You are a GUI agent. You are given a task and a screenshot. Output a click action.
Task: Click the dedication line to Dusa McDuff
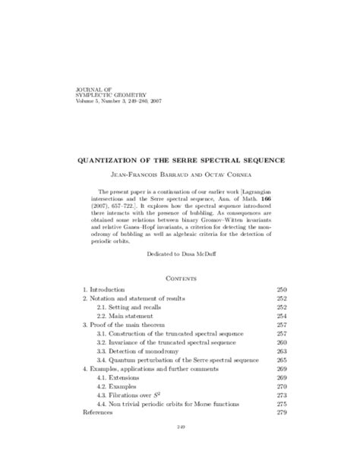pyautogui.click(x=180, y=259)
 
